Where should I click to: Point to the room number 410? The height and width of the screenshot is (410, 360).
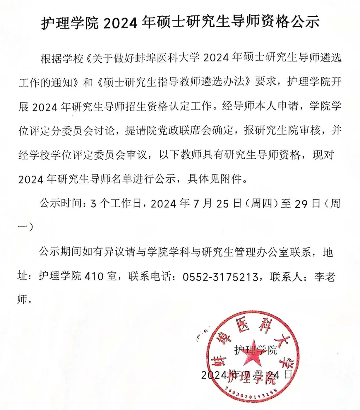[93, 277]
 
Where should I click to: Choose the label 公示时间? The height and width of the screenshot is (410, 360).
[60, 204]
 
